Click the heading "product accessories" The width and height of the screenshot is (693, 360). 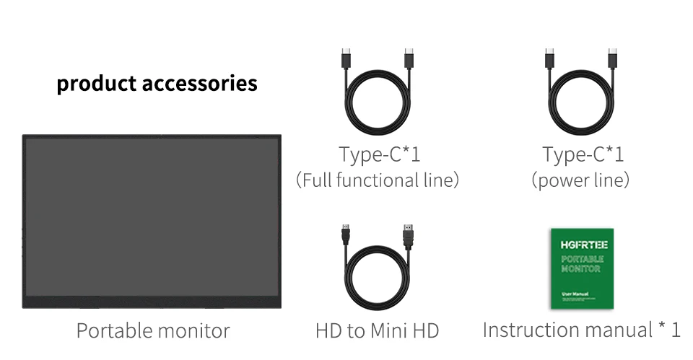(x=157, y=84)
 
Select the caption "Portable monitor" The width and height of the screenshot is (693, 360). (x=153, y=331)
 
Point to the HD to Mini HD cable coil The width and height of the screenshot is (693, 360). (x=378, y=278)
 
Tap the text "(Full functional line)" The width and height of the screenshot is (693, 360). (x=378, y=180)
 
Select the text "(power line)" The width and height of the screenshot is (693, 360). (x=580, y=180)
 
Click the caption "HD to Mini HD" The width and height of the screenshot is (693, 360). (x=377, y=331)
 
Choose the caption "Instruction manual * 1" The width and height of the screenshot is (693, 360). (x=581, y=330)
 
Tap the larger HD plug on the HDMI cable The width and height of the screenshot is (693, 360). (x=408, y=235)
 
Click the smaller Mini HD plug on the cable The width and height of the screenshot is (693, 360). (x=346, y=234)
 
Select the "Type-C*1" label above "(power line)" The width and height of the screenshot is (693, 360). (x=583, y=154)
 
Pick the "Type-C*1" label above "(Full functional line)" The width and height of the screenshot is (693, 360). (x=380, y=154)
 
